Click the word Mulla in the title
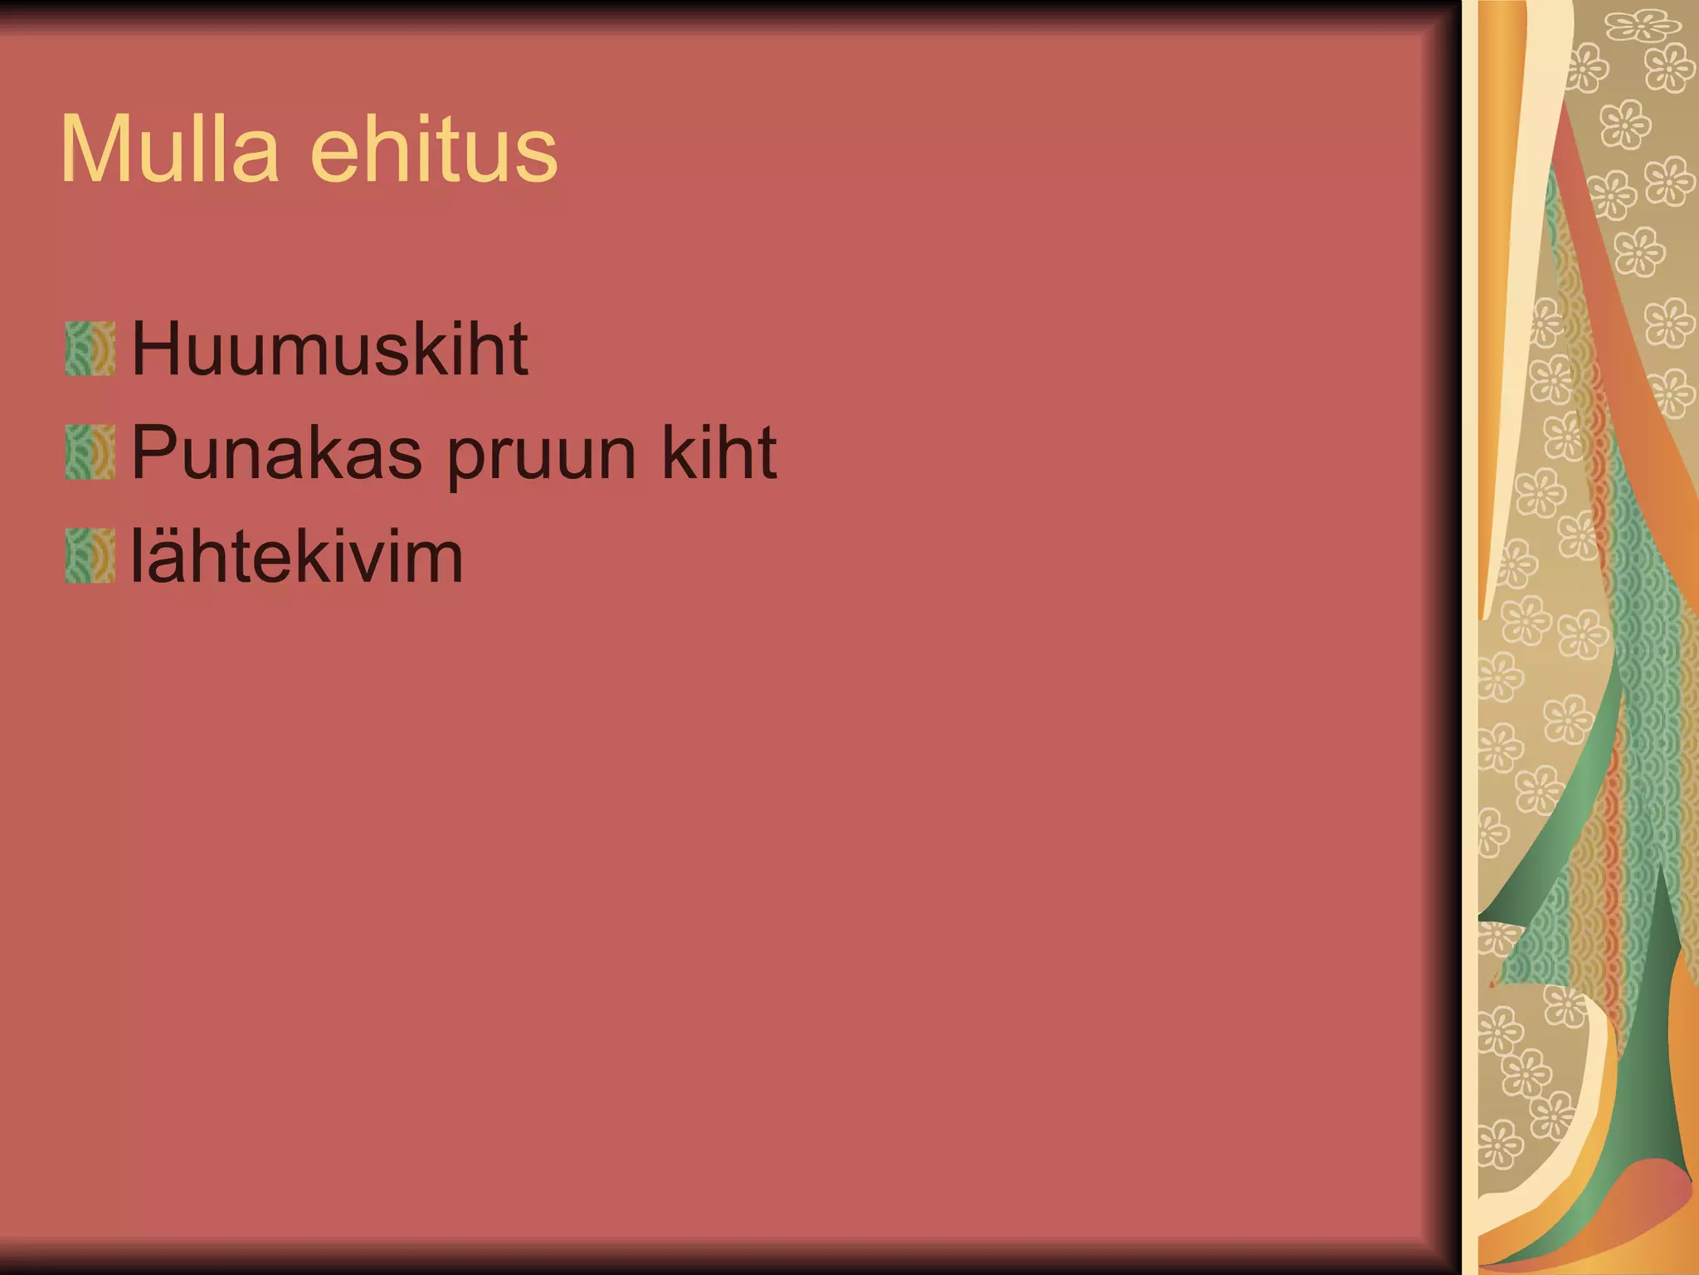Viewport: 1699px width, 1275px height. pyautogui.click(x=169, y=150)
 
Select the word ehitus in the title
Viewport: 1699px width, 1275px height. pyautogui.click(x=434, y=150)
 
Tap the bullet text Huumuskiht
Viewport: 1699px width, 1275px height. pyautogui.click(x=329, y=349)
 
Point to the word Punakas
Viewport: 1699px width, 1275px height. pyautogui.click(x=276, y=453)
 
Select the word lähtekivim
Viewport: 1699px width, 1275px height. pyautogui.click(x=296, y=555)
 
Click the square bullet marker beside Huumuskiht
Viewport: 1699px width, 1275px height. pyautogui.click(x=90, y=349)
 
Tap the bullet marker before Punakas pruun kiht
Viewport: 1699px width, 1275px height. pyautogui.click(x=90, y=452)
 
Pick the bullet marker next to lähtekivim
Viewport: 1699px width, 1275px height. pyautogui.click(x=90, y=555)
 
